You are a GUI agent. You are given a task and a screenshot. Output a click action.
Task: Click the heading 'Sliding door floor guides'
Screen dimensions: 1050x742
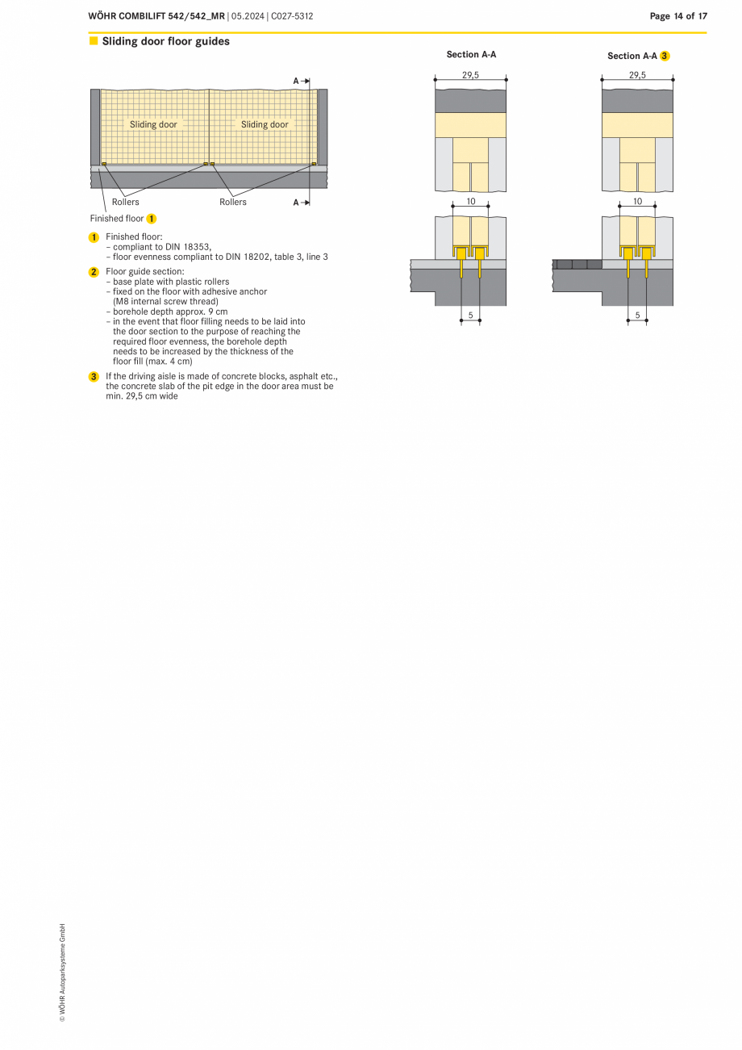click(165, 41)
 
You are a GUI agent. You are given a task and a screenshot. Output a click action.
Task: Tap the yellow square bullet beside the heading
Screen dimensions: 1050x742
click(94, 40)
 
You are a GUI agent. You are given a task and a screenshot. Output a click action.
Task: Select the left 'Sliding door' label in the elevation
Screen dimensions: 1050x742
click(153, 124)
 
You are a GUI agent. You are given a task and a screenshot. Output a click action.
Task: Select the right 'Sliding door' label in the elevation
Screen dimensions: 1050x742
click(265, 124)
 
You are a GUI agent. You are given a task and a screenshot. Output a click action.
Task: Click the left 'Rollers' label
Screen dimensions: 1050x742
click(125, 202)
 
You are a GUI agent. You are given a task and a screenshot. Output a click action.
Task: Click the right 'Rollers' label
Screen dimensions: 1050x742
click(233, 202)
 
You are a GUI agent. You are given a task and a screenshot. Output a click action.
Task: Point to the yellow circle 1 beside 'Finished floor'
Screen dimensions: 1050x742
click(152, 219)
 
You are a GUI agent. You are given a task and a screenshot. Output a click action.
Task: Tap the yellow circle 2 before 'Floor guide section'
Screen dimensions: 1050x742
click(94, 272)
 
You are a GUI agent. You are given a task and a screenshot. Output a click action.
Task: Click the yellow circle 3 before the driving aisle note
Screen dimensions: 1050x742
click(94, 377)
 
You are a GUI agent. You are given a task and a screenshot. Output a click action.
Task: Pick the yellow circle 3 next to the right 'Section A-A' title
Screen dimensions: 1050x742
click(665, 56)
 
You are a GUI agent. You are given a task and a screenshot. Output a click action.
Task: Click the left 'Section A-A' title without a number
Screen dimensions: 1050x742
click(471, 55)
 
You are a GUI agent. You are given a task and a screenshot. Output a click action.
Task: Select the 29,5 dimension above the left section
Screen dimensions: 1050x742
click(470, 74)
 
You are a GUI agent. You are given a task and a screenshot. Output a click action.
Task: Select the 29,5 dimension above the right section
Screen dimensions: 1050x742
click(637, 74)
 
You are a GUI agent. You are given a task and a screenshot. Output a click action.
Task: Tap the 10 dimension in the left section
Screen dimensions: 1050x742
click(471, 202)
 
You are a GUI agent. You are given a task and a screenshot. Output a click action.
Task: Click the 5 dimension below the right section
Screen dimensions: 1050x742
click(637, 316)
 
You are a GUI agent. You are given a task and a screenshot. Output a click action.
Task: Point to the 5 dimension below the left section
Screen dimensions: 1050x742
click(470, 316)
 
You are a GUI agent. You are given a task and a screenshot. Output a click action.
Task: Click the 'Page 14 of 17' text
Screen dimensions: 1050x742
click(678, 15)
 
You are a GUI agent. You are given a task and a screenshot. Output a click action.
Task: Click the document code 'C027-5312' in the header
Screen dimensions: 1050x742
click(293, 15)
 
